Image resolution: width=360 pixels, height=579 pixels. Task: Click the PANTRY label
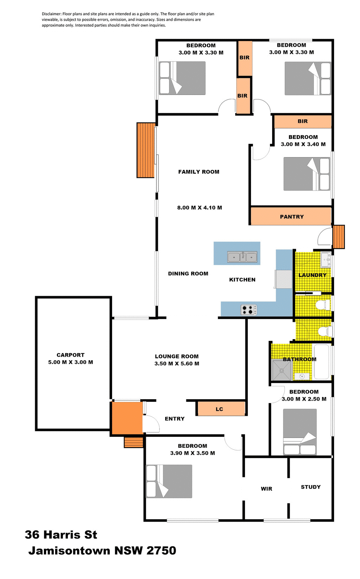291,217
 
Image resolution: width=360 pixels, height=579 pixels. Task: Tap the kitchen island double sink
242,257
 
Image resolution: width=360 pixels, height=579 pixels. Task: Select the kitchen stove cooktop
249,310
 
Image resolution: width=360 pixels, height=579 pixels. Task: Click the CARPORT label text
70,355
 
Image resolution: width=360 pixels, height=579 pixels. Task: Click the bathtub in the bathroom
321,362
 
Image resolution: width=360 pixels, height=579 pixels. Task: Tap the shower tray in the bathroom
282,370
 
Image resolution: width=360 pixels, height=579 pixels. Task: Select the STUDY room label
310,487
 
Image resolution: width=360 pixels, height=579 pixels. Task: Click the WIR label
266,489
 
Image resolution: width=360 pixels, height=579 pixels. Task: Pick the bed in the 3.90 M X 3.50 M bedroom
169,481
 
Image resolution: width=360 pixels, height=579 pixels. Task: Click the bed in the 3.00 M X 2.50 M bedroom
300,432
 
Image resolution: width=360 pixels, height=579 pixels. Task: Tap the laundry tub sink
326,260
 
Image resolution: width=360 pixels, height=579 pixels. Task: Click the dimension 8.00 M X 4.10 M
199,208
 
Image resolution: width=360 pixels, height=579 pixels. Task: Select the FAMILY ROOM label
199,172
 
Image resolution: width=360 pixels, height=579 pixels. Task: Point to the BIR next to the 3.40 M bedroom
302,121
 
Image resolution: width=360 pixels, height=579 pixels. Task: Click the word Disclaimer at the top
51,14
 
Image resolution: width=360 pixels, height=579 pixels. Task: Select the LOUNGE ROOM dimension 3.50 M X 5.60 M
176,364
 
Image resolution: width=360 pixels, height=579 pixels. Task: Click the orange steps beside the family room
146,150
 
